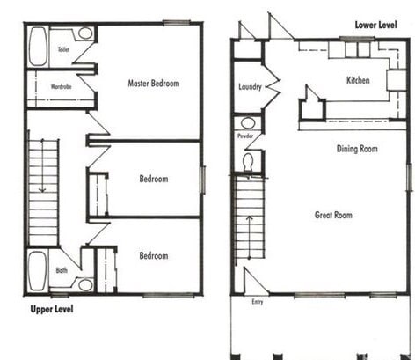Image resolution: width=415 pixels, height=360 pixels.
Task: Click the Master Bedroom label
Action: coord(153,84)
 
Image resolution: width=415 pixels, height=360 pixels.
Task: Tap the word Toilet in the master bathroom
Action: coord(64,50)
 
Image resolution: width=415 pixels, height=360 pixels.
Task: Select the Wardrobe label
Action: coord(61,86)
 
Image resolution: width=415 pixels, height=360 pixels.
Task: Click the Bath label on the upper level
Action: coord(62,270)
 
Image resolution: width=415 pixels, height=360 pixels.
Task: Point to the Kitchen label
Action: coord(358,80)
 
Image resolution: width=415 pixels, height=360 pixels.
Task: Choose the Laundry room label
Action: coord(251,87)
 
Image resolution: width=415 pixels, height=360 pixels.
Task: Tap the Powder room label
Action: coord(245,138)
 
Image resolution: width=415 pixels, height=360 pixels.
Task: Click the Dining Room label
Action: coord(357,149)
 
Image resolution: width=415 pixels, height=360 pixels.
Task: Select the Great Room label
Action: coord(333,215)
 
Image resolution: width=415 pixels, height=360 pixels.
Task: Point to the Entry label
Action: coord(258,302)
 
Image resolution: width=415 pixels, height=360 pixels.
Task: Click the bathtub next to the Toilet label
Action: coord(39,47)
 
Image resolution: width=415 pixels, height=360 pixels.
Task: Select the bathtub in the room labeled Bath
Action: coord(38,270)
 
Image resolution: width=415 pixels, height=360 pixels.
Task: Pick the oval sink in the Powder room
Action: coord(248,124)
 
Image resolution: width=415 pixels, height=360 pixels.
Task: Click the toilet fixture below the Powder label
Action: coord(248,161)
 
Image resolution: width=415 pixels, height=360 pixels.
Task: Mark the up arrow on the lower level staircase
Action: coord(248,224)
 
